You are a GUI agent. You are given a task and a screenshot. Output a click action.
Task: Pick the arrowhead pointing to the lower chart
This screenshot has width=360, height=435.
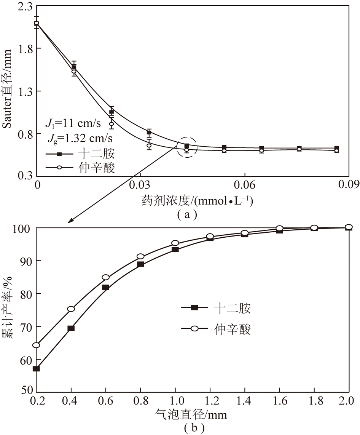[70, 221]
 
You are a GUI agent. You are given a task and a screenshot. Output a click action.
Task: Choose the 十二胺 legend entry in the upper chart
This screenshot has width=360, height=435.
[80, 154]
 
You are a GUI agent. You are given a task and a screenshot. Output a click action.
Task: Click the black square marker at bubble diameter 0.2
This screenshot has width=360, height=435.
[36, 368]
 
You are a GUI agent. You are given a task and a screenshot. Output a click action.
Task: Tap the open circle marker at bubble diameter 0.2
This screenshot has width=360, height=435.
[36, 345]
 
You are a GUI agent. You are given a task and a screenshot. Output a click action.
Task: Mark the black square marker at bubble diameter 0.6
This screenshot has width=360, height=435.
[106, 287]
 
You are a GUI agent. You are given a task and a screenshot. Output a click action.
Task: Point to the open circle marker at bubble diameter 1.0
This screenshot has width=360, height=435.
[175, 243]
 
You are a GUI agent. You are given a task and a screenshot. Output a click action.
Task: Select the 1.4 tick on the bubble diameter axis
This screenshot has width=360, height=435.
[244, 401]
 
